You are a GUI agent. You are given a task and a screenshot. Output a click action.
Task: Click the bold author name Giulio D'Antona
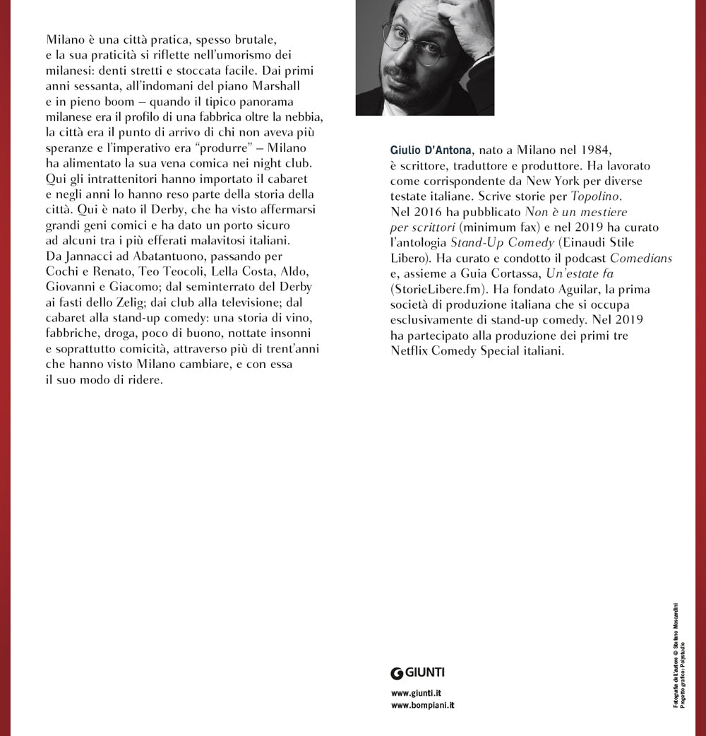point(431,150)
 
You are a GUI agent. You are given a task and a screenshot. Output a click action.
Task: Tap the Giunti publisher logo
point(417,673)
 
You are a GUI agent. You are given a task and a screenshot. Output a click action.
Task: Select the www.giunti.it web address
point(416,694)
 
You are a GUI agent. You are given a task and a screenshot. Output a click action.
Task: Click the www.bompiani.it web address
point(422,706)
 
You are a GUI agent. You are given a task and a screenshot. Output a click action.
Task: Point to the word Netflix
point(412,351)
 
